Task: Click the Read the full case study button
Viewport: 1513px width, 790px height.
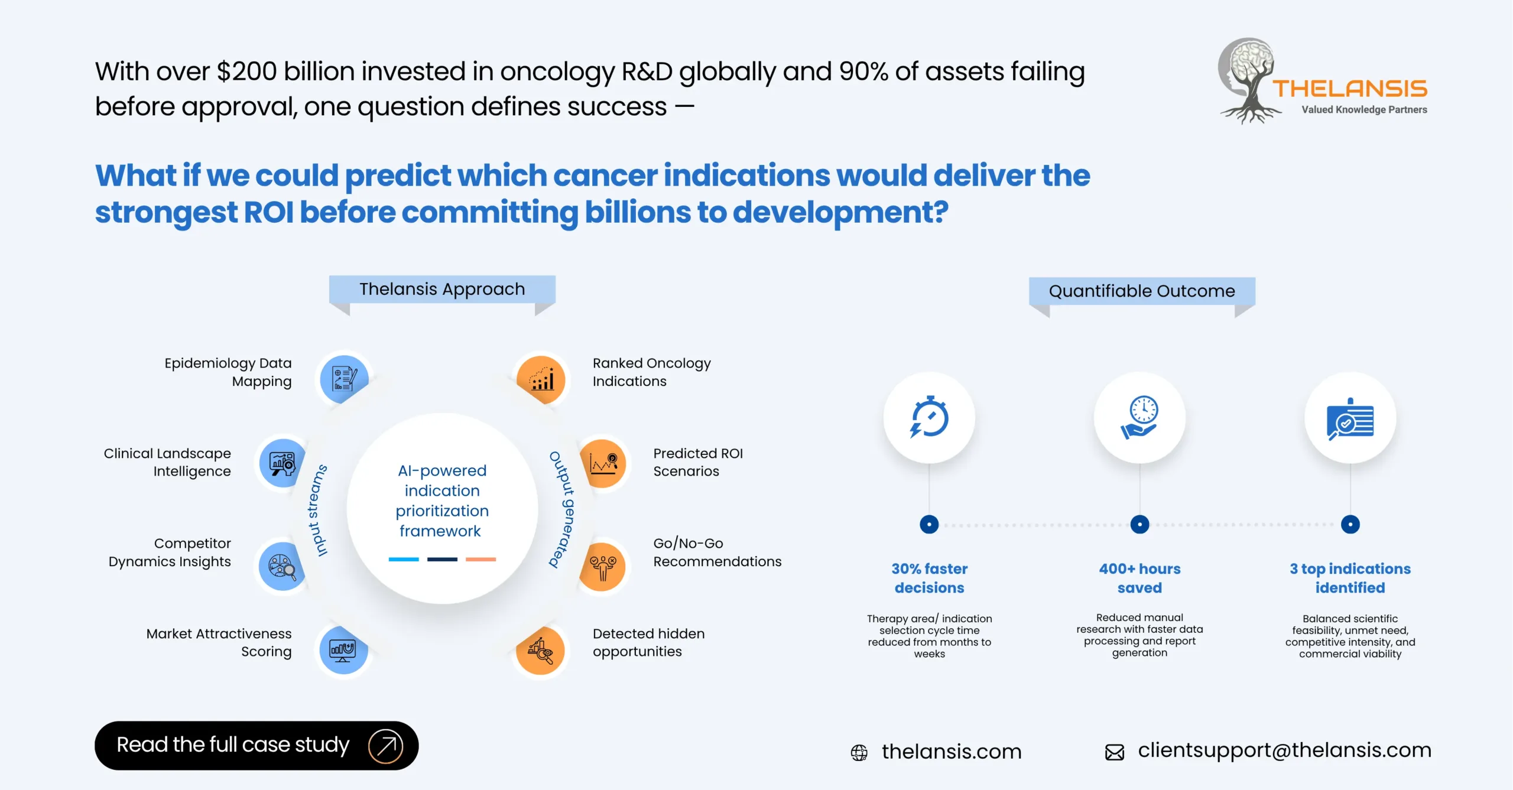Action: pyautogui.click(x=256, y=745)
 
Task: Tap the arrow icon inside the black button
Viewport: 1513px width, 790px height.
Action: pyautogui.click(x=386, y=746)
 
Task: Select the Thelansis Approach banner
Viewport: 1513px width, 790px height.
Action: pyautogui.click(x=442, y=289)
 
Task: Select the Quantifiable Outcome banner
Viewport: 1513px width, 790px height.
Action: pyautogui.click(x=1142, y=291)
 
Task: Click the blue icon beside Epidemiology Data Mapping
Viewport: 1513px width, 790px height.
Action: pyautogui.click(x=344, y=379)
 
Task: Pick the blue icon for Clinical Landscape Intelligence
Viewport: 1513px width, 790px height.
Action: pyautogui.click(x=283, y=463)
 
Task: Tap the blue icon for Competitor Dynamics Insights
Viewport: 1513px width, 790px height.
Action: pyautogui.click(x=283, y=566)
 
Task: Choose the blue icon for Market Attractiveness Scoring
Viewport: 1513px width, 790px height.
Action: pyautogui.click(x=343, y=651)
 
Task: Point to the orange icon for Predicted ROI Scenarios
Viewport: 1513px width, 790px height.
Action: pyautogui.click(x=603, y=463)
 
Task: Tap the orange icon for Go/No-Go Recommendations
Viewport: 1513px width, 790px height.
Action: pyautogui.click(x=603, y=566)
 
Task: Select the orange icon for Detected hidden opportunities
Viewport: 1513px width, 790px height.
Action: pyautogui.click(x=541, y=651)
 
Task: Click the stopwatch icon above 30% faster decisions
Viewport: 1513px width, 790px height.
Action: pyautogui.click(x=929, y=417)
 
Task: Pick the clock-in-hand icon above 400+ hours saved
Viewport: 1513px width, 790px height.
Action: pyautogui.click(x=1139, y=417)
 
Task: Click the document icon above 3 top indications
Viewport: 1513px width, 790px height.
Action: pyautogui.click(x=1350, y=418)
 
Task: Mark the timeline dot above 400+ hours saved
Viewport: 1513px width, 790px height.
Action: pyautogui.click(x=1139, y=524)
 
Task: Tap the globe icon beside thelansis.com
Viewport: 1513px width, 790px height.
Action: pyautogui.click(x=859, y=752)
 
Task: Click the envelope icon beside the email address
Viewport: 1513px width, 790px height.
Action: pyautogui.click(x=1115, y=752)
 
